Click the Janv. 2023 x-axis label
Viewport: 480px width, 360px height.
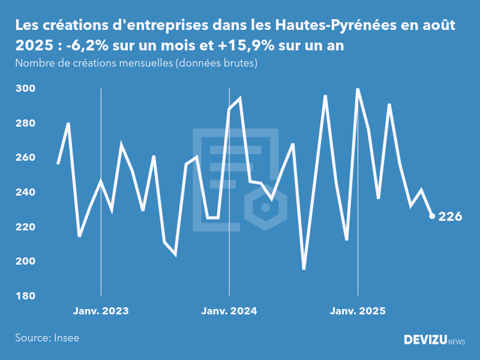[101, 311]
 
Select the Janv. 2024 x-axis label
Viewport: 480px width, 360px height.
[229, 311]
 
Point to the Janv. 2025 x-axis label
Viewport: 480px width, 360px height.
[358, 311]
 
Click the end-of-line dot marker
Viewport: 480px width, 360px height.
[432, 216]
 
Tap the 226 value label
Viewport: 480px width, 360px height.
[451, 217]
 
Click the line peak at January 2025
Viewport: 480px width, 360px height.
[358, 89]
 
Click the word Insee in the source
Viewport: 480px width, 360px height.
[66, 338]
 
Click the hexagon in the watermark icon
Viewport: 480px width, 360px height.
[265, 208]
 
